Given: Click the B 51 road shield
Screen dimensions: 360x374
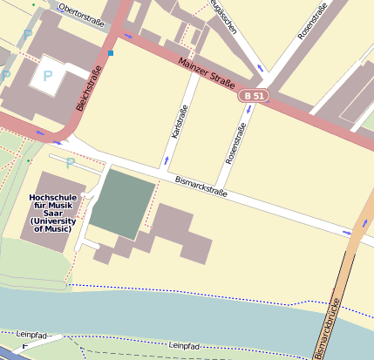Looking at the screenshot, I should (254, 95).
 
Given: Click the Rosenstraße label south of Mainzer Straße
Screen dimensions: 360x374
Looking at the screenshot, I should (236, 144).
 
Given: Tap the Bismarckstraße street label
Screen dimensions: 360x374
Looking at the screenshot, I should (201, 186).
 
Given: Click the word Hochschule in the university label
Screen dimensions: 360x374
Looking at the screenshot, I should (53, 197).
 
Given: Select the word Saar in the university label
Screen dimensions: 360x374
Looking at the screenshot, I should (52, 214).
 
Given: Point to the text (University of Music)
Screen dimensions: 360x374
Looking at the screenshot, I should (53, 225).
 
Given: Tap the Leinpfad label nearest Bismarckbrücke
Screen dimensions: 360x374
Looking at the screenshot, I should (185, 346).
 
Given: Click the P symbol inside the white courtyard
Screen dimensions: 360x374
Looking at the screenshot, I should (47, 77).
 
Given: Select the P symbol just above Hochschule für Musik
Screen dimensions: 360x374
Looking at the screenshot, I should (70, 162).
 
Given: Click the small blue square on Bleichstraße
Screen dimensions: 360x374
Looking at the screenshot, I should (111, 53).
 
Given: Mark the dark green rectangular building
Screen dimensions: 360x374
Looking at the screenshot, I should (122, 203).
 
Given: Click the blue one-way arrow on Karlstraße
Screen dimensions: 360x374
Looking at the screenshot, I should (167, 160).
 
